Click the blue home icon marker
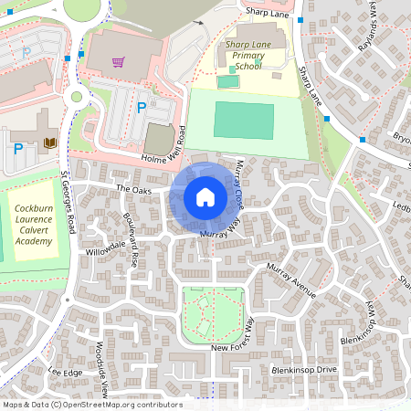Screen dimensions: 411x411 tap(205, 197)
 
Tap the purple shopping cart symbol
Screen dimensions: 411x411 tap(118, 62)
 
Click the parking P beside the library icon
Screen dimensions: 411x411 tap(18, 148)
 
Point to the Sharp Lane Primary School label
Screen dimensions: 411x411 tap(241, 55)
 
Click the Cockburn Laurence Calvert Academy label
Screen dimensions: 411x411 tap(34, 231)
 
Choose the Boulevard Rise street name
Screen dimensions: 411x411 tap(129, 238)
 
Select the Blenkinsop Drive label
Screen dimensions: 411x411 tap(304, 370)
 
